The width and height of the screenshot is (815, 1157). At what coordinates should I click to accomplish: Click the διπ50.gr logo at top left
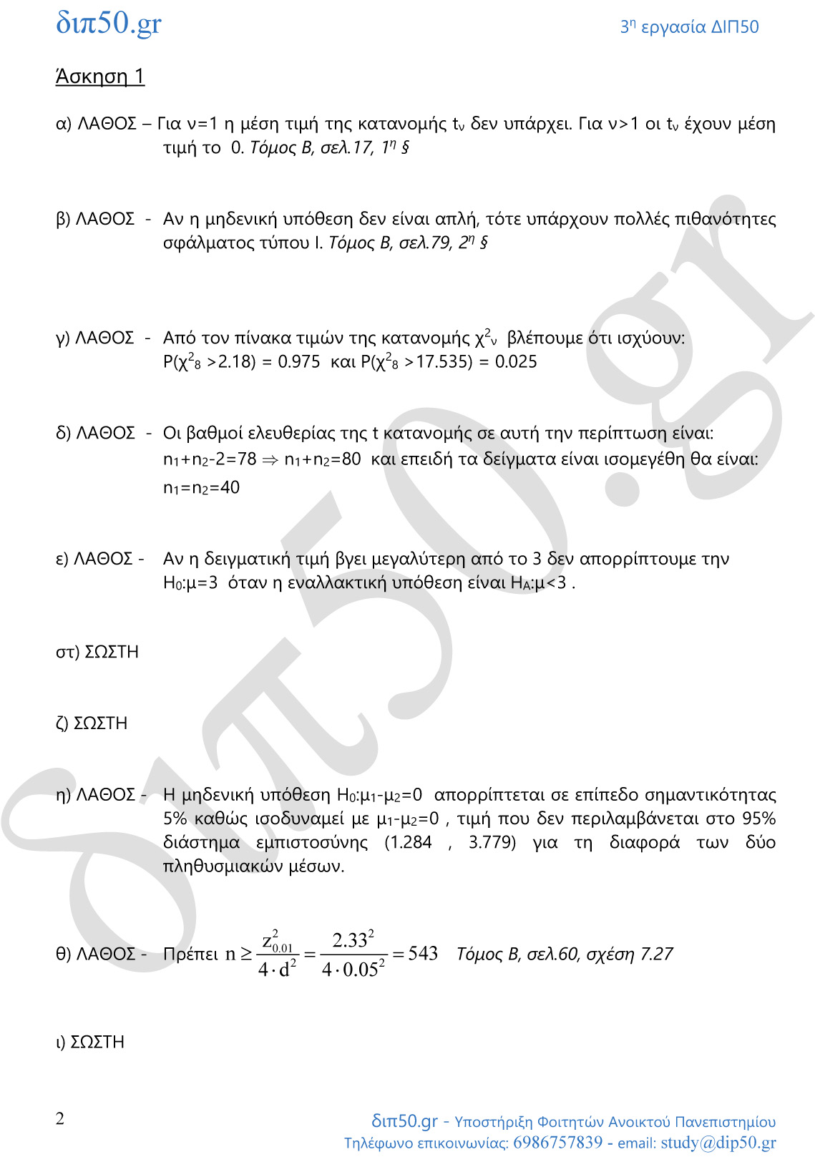point(109,24)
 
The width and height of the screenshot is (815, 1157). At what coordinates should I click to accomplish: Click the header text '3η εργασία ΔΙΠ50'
point(689,27)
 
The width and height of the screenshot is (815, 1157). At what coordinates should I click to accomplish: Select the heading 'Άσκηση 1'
point(100,77)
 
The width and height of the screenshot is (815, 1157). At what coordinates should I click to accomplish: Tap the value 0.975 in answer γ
point(298,362)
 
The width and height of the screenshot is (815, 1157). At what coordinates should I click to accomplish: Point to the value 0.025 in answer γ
point(515,362)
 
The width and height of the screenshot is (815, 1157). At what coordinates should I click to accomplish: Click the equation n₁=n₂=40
point(201,488)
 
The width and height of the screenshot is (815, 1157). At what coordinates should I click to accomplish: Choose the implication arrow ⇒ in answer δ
point(270,460)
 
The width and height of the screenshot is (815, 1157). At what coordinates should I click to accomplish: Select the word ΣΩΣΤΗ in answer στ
point(112,653)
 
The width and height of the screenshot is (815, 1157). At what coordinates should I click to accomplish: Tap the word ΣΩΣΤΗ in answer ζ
point(101,724)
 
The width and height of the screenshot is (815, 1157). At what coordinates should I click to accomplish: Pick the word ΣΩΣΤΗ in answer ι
point(98,1043)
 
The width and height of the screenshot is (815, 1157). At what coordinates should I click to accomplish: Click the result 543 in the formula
point(423,954)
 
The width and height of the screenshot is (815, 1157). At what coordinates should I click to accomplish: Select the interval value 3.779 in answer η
point(492,842)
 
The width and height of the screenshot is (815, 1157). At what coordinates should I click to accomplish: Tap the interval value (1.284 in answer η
point(409,842)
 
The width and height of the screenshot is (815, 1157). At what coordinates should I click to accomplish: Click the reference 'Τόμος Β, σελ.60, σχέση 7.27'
point(565,955)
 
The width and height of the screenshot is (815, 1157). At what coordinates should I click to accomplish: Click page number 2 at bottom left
point(60,1119)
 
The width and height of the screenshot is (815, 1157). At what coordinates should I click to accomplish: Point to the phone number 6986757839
point(557,1143)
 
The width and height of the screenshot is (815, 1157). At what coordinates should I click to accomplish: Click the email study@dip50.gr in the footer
point(718,1143)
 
